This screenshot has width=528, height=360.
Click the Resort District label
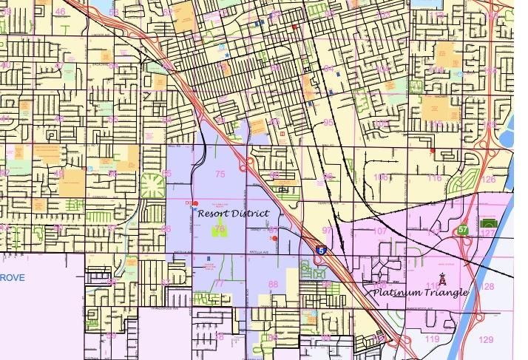point(233,213)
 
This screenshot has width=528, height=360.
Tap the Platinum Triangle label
point(419,292)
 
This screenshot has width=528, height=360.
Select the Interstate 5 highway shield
point(321,251)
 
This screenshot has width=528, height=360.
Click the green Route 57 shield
point(462,230)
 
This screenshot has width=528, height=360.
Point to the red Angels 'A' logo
point(442,279)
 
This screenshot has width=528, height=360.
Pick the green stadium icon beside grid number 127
point(487,223)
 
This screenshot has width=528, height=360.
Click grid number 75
point(220,174)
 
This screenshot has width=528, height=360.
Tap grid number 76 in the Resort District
point(219,230)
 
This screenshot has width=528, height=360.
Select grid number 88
point(273,285)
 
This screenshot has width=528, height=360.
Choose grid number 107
point(380,231)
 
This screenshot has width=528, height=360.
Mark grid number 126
point(488,180)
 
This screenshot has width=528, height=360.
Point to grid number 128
point(487,286)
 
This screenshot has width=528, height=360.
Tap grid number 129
point(486,339)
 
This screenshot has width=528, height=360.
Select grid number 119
point(433,339)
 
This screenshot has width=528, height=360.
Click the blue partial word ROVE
point(12,277)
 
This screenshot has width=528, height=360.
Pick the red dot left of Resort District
point(196,203)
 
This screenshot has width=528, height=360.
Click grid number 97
point(327,231)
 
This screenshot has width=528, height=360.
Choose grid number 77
point(219,284)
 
